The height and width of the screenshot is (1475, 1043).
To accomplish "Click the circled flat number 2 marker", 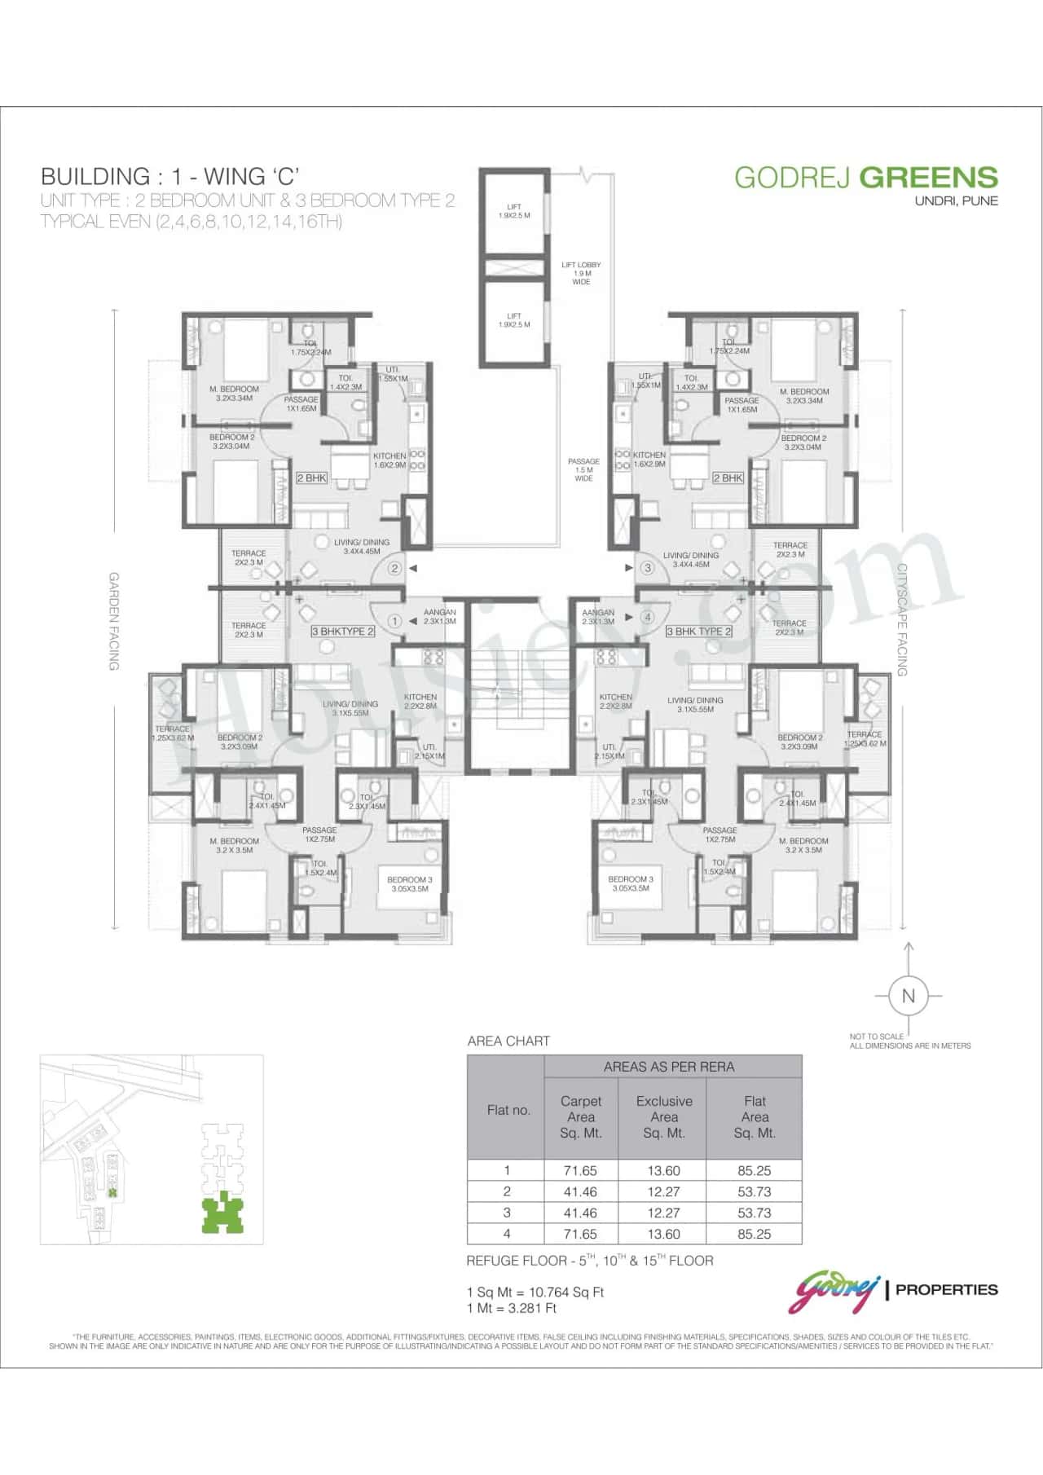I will (394, 568).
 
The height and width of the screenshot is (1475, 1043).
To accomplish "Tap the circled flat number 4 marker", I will (648, 617).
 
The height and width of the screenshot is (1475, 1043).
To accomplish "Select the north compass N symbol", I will (908, 995).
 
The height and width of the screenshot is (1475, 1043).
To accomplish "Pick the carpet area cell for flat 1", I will (580, 1170).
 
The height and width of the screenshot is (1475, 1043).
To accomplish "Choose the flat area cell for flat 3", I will (754, 1213).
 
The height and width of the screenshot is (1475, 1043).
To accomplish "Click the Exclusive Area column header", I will (664, 1116).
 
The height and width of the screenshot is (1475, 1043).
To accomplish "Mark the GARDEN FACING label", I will (114, 621).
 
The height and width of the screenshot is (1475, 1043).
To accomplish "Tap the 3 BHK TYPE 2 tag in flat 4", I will (698, 631).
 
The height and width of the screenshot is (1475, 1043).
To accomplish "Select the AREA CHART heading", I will (508, 1041).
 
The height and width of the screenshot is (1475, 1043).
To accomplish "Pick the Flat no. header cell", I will (508, 1110).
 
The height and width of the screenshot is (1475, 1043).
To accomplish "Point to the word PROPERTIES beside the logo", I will (946, 1289).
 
